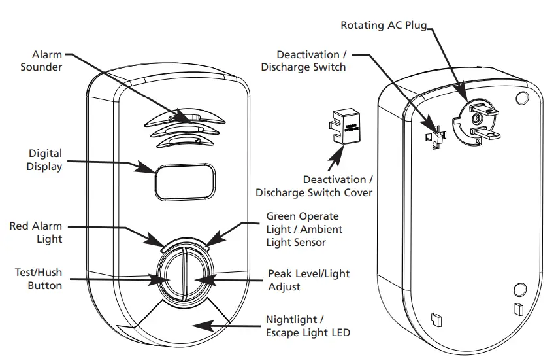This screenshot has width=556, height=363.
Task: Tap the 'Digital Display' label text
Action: pyautogui.click(x=45, y=160)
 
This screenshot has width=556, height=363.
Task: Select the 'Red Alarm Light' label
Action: pyautogui.click(x=36, y=232)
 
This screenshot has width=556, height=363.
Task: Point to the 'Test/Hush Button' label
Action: pyautogui.click(x=39, y=279)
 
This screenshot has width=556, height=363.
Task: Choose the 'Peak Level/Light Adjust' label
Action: pyautogui.click(x=308, y=280)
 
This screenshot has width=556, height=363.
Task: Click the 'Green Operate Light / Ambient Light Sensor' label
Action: pyautogui.click(x=304, y=229)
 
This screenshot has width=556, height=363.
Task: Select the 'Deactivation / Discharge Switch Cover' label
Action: pyautogui.click(x=314, y=186)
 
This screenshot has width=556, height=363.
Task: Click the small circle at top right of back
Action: pyautogui.click(x=521, y=97)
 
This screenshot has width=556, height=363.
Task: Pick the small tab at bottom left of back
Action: pyautogui.click(x=437, y=319)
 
